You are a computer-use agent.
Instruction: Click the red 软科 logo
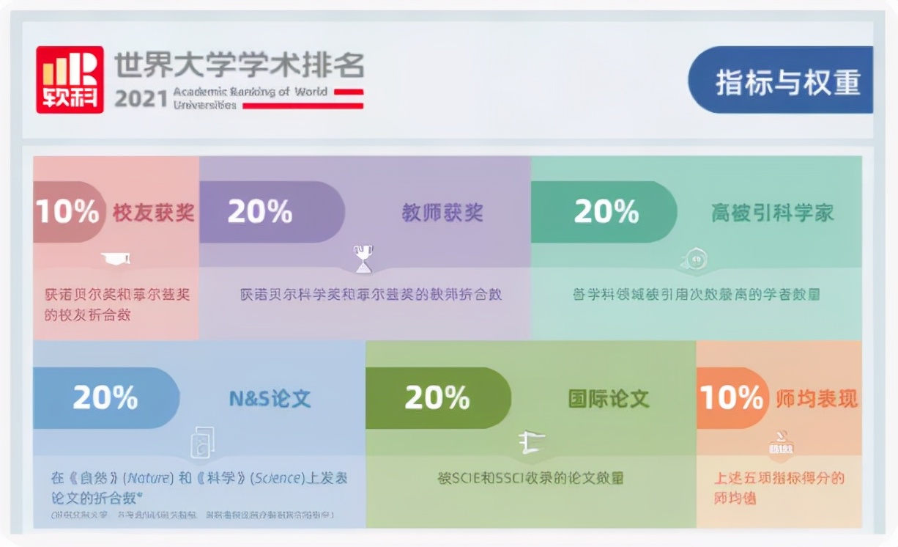70,79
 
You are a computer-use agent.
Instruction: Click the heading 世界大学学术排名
239,65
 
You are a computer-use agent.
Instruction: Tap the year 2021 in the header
141,99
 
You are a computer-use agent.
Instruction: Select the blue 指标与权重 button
787,81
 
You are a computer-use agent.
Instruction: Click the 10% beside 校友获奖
67,212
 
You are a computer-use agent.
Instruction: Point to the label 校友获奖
153,213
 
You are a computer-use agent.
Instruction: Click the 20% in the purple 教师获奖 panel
260,212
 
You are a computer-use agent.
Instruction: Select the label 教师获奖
442,213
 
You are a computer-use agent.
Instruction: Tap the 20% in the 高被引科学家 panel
606,212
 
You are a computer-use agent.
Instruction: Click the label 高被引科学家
772,213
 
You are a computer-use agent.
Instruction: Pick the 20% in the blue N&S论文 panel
105,397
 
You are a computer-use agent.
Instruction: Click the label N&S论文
270,399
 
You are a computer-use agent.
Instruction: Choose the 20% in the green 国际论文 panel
437,397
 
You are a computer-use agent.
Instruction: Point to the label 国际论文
609,399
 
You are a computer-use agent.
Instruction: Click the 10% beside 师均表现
731,397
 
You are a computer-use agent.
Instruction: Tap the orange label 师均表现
816,399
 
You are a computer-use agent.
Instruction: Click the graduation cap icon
116,258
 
